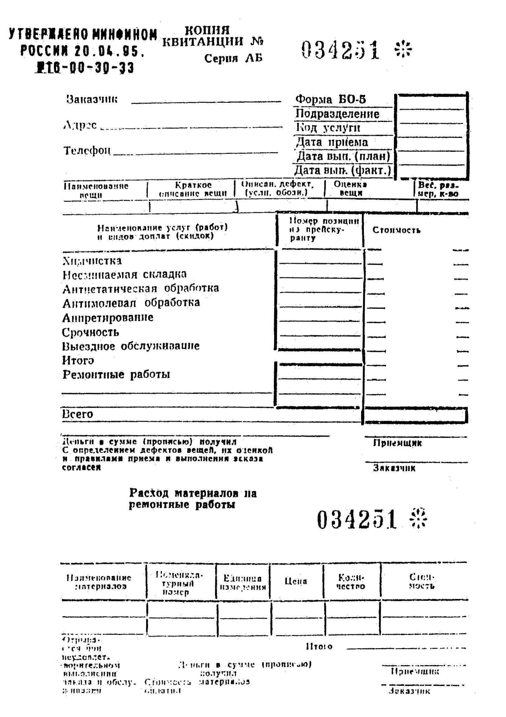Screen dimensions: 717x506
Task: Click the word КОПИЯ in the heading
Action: pos(207,30)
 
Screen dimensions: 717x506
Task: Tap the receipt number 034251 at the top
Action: pos(341,50)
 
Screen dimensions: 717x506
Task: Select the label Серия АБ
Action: pos(233,58)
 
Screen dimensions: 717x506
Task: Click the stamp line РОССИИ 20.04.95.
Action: pos(83,51)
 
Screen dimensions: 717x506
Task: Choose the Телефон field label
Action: pos(87,150)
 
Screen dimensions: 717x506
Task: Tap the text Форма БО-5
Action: pos(331,99)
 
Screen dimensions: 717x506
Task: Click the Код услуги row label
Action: pos(328,127)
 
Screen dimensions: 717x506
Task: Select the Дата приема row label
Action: pos(332,142)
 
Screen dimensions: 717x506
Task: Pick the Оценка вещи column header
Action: pos(351,188)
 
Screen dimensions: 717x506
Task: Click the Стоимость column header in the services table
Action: pos(396,230)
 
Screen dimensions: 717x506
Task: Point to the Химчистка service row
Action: pos(92,261)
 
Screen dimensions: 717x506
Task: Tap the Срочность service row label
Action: pos(90,332)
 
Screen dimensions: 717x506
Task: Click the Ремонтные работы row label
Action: pos(116,374)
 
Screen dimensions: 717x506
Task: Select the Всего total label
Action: pos(78,414)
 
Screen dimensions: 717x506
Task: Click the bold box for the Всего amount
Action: pos(415,415)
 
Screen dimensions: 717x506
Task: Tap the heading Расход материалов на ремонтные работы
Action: pos(193,499)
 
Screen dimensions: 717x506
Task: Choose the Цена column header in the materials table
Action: pos(296,581)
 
